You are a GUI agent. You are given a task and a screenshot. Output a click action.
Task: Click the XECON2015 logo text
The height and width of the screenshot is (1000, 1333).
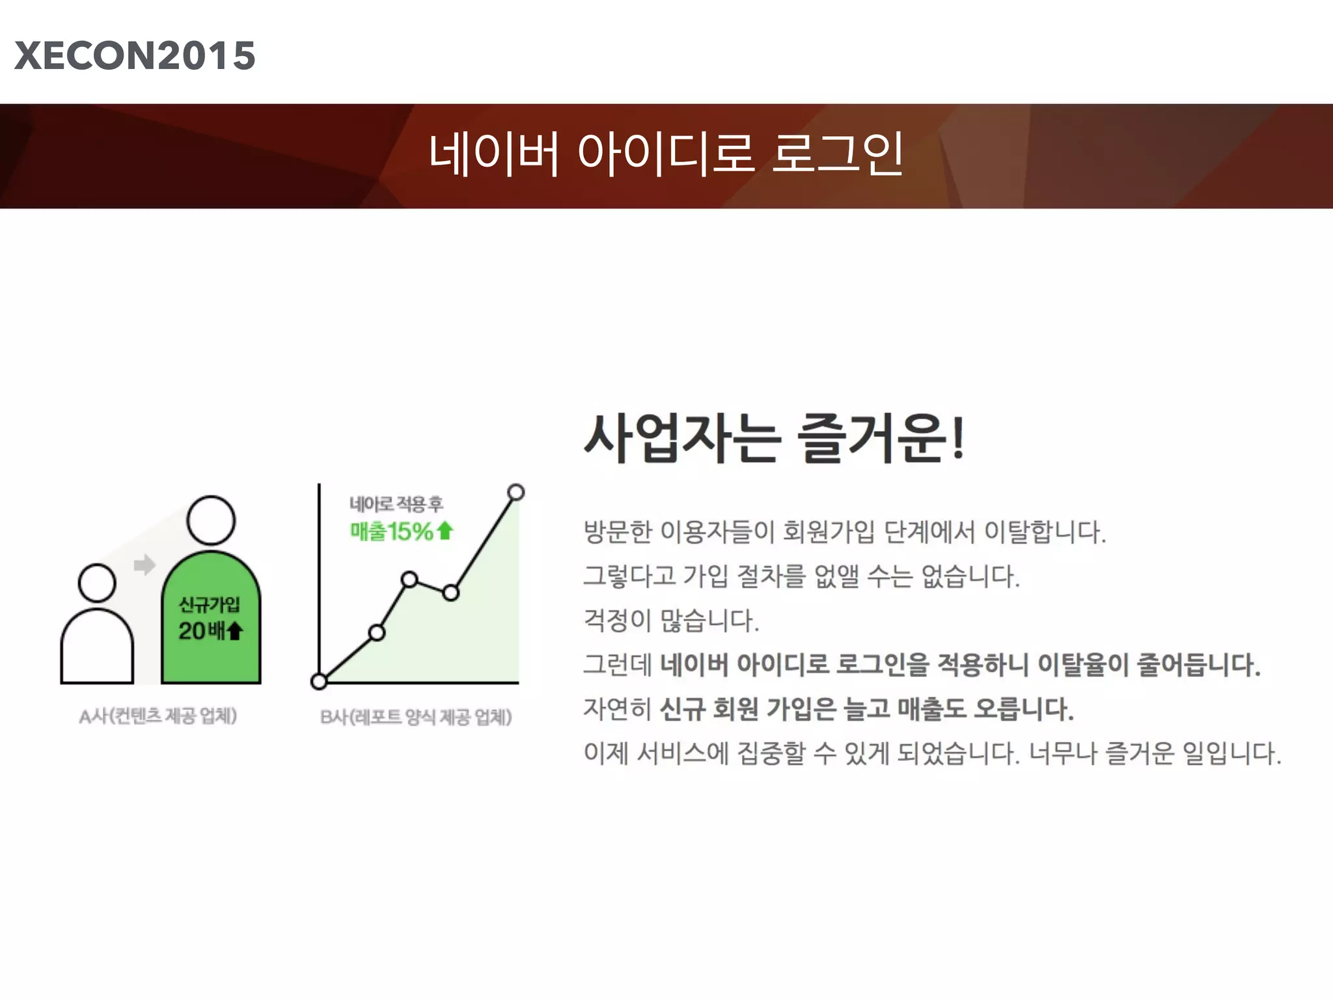point(135,55)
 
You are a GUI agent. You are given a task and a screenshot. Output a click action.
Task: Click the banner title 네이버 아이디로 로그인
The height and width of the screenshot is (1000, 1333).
point(665,154)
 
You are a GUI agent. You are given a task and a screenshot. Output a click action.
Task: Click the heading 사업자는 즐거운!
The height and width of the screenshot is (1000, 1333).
point(773,439)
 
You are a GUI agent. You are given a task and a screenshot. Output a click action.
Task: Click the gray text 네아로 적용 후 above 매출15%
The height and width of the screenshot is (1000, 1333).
point(396,503)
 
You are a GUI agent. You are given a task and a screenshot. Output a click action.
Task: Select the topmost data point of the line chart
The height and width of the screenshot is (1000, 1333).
point(515,492)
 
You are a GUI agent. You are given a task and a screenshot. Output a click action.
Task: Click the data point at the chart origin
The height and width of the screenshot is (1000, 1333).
point(319,681)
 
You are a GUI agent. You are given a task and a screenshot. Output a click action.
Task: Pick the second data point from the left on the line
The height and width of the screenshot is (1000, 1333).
point(377,632)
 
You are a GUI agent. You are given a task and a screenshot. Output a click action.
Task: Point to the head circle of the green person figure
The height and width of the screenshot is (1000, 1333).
point(211,520)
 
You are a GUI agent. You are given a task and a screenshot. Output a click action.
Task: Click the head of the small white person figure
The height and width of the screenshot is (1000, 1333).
point(97,583)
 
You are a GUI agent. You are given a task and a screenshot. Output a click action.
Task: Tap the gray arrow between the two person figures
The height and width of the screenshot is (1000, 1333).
point(144,564)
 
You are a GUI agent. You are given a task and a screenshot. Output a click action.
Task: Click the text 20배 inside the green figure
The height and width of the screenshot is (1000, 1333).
point(201,630)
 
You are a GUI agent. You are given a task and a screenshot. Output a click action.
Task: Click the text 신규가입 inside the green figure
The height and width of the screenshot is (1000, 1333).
point(210,605)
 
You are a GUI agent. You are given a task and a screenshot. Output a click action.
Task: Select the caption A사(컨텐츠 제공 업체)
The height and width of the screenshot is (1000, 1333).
point(158,716)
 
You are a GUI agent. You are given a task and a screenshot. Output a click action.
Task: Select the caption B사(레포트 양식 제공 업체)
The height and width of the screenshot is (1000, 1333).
point(415,717)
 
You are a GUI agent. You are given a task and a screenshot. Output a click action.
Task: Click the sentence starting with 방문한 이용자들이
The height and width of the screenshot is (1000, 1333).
point(844,532)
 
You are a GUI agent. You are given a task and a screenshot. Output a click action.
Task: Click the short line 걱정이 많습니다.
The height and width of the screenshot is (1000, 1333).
point(670,620)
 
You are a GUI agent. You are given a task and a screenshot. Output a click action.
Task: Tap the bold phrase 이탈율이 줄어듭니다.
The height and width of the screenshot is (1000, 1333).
point(1148,665)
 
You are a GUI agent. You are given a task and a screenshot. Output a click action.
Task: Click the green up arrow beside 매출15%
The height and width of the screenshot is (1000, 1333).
point(445,531)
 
